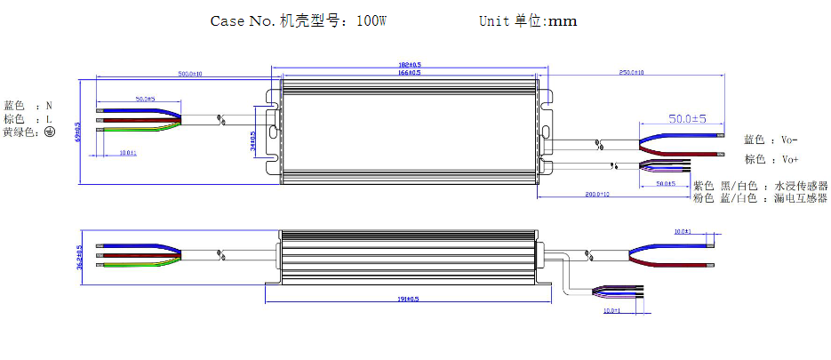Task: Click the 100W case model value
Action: click(x=371, y=20)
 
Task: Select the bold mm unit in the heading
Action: click(x=562, y=20)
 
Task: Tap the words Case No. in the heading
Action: click(x=243, y=20)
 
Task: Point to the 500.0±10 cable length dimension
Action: click(x=190, y=74)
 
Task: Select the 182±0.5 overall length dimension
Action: click(x=409, y=65)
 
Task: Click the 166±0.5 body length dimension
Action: click(x=409, y=73)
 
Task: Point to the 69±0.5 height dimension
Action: click(x=77, y=132)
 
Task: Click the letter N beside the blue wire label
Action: click(x=49, y=105)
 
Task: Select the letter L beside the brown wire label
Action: click(x=49, y=118)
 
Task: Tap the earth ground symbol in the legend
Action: click(x=50, y=132)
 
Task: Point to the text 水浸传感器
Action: click(x=801, y=186)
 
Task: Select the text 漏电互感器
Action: click(x=801, y=198)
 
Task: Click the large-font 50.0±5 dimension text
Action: click(x=686, y=119)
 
